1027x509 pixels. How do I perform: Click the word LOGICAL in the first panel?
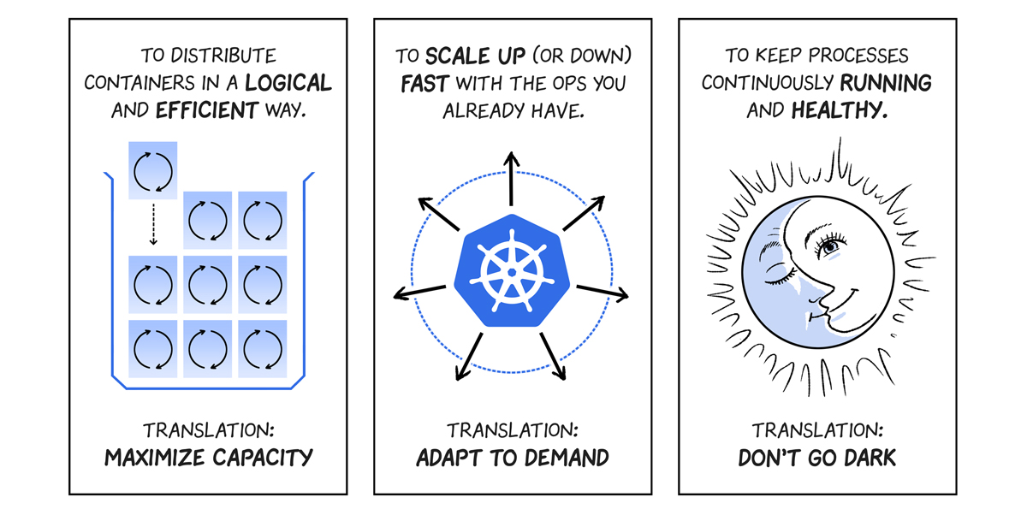click(288, 83)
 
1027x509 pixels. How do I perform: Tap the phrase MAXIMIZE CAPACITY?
click(208, 458)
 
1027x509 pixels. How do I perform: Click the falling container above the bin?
click(152, 170)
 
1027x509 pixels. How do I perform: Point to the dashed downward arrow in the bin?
click(153, 225)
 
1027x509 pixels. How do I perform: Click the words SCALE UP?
click(466, 56)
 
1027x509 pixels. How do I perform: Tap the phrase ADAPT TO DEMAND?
click(513, 458)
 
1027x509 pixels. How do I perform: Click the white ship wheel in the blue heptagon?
click(512, 269)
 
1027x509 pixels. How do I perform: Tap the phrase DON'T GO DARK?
click(816, 458)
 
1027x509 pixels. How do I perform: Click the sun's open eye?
click(829, 246)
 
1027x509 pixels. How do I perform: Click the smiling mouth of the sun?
click(850, 299)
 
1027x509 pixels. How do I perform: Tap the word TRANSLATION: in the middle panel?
click(513, 429)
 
